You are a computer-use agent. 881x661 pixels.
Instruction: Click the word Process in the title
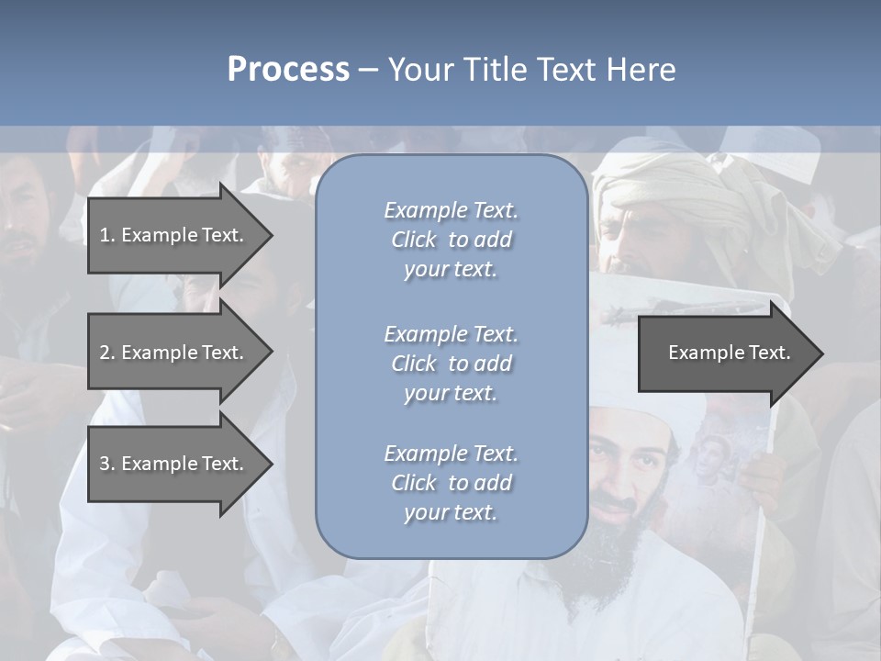coord(288,70)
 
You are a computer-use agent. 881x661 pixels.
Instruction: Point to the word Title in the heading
coord(496,70)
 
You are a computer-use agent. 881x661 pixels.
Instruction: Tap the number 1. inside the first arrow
coord(107,235)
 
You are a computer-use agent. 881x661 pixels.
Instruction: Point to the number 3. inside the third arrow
coord(107,464)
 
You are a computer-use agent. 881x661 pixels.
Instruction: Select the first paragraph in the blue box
coord(451,240)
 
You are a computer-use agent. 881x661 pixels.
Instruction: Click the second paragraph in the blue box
coord(451,364)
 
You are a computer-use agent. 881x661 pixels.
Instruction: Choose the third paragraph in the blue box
coord(451,483)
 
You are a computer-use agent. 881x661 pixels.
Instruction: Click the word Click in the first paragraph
coord(413,240)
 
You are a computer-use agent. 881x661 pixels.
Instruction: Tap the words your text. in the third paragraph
coord(451,512)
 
